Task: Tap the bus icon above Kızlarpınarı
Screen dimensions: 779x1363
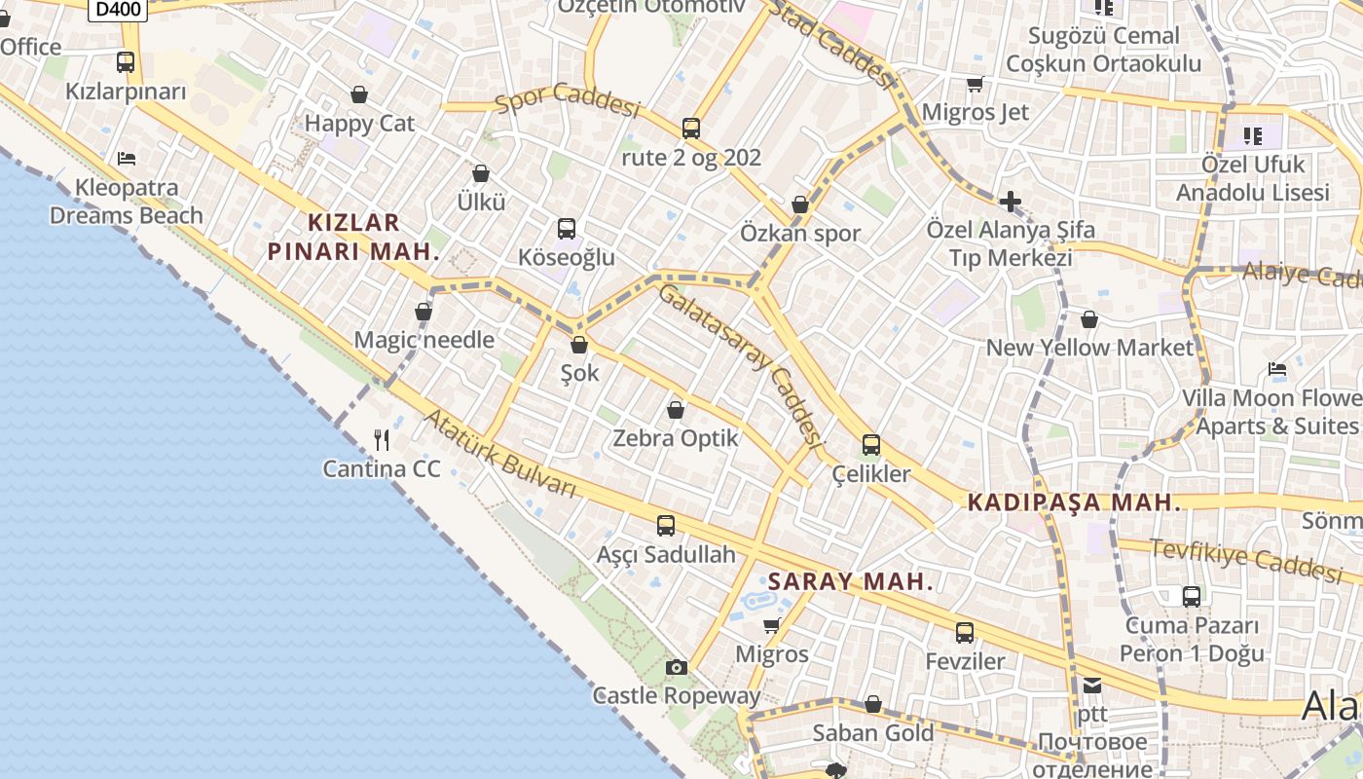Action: click(126, 62)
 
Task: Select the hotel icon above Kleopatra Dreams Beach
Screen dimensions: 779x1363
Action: click(126, 158)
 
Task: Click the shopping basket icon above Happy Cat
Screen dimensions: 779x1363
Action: click(359, 94)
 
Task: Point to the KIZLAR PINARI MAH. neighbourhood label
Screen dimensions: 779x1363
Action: click(353, 237)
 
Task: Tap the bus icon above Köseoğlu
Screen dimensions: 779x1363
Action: click(567, 229)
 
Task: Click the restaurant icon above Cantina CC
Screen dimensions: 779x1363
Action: click(382, 440)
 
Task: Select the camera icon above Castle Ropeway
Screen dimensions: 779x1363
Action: click(676, 667)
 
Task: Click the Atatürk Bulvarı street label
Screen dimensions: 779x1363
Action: click(501, 453)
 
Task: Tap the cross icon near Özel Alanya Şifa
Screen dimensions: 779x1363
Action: click(1011, 203)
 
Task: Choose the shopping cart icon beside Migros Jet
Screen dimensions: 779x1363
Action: click(975, 84)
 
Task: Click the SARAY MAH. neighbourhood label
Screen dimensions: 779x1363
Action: click(851, 582)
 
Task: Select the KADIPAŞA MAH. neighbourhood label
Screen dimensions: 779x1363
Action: click(1074, 503)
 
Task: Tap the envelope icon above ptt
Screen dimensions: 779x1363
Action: click(1092, 686)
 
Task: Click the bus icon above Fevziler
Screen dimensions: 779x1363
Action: click(964, 633)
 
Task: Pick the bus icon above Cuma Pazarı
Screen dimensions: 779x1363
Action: click(1191, 596)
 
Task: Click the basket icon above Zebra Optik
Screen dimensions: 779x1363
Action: click(676, 410)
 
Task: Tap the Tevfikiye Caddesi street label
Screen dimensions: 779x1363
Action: click(1246, 557)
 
